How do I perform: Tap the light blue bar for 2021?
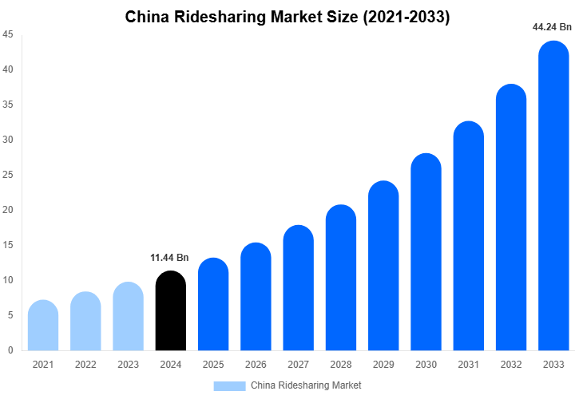tap(43, 326)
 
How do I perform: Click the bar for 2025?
tap(213, 305)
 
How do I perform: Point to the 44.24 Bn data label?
tap(552, 26)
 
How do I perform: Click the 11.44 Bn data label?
tap(169, 258)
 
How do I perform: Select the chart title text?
tap(287, 17)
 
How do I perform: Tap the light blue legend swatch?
tap(229, 385)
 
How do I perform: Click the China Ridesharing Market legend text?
tap(306, 385)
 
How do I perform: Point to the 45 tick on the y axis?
tap(7, 34)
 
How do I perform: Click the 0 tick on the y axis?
tap(10, 350)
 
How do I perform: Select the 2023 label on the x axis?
tap(128, 365)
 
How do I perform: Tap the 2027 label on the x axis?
tap(298, 365)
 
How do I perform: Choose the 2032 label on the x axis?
tap(511, 365)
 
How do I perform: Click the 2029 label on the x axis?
tap(383, 365)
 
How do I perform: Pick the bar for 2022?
tap(85, 322)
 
